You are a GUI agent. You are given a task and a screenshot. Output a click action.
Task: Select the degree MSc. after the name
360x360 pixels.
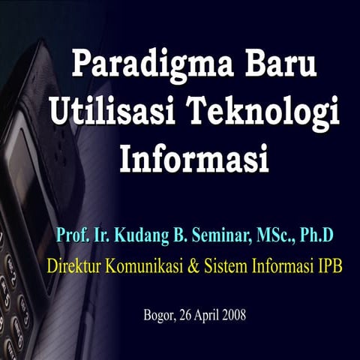(x=273, y=235)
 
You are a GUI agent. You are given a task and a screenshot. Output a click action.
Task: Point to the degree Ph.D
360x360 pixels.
(x=316, y=235)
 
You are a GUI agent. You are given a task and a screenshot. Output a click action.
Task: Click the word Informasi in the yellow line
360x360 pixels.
(x=284, y=265)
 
